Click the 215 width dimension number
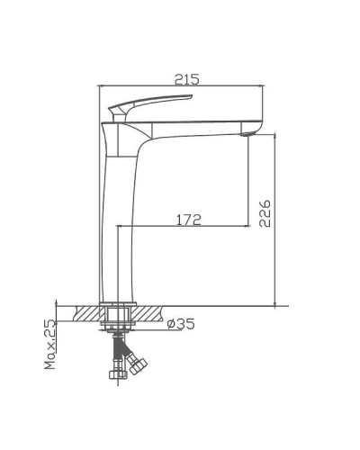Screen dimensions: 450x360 click(186, 79)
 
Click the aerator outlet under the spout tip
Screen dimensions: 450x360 click(251, 135)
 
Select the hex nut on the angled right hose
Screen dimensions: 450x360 click(137, 364)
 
